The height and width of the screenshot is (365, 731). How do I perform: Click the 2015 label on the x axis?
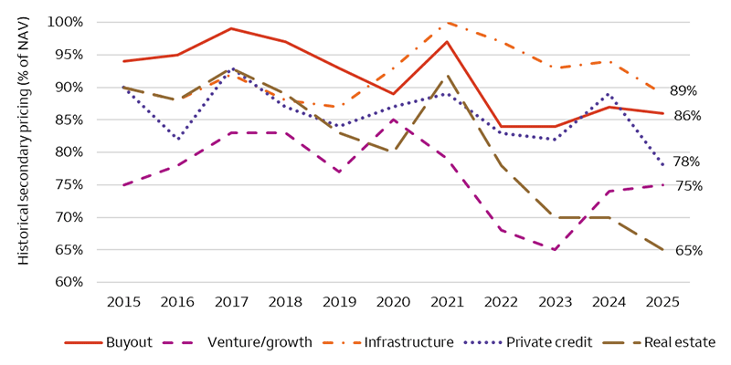coord(123,301)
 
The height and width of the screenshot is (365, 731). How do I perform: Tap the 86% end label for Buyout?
coord(687,116)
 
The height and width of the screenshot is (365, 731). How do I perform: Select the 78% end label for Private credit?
coord(687,162)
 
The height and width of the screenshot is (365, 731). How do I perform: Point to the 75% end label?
coord(687,186)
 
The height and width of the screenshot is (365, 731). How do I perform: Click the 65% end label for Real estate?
coord(687,250)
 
